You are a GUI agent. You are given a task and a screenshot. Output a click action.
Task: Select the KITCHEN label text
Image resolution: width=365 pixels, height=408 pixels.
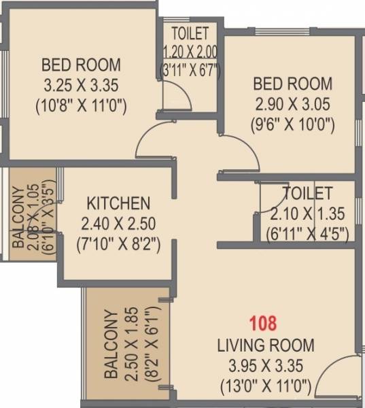click(x=118, y=203)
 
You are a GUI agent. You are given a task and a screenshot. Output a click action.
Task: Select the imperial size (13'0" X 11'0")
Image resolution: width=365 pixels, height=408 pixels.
click(x=265, y=388)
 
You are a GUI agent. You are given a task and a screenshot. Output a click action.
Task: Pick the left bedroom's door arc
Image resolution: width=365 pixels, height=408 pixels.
click(x=155, y=141)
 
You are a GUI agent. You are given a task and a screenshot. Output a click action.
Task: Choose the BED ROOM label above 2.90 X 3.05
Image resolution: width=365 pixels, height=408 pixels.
click(x=293, y=84)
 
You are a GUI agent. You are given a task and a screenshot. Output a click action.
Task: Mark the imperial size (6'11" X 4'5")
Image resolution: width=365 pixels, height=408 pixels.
click(x=308, y=233)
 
